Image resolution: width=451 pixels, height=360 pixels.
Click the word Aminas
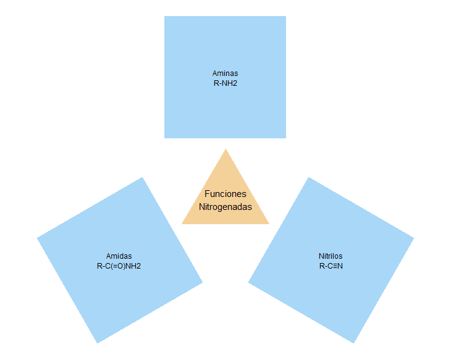pos(225,73)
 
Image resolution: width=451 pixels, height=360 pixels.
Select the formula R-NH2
pos(225,82)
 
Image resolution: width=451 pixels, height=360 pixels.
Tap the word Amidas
pos(119,256)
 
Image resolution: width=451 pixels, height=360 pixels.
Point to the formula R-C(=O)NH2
pos(119,266)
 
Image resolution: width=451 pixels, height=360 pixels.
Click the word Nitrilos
pos(331,256)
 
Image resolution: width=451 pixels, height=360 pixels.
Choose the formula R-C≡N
pos(331,266)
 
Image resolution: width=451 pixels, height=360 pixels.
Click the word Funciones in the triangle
pos(225,194)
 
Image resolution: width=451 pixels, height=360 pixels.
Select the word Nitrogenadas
pos(225,207)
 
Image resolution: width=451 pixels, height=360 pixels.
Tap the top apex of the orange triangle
pos(225,149)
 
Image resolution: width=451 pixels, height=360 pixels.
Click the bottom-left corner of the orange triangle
pos(182,224)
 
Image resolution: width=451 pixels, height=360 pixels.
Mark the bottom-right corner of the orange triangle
pos(269,224)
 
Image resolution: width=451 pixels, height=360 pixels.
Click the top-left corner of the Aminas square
pos(164,17)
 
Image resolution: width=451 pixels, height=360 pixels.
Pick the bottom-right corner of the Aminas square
pos(285,138)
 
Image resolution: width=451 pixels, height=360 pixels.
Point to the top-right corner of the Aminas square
pos(285,17)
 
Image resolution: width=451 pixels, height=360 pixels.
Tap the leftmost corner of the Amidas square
pos(37,238)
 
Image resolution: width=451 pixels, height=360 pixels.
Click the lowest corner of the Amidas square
pos(97,343)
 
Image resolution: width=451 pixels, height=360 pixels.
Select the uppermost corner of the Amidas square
pos(143,178)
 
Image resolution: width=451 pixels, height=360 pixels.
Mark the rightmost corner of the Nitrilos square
pos(414,238)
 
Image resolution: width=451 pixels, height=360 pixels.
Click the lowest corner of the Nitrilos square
pos(354,343)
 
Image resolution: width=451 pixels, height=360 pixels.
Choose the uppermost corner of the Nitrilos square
pos(308,178)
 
